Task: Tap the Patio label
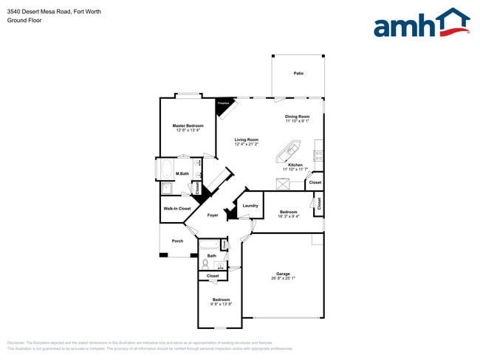click(298, 73)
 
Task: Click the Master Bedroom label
click(188, 126)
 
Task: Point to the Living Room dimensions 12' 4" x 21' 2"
click(247, 145)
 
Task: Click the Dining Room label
click(297, 117)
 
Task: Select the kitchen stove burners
click(318, 156)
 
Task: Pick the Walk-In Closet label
click(176, 209)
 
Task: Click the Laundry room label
click(250, 206)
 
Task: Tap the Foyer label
click(213, 215)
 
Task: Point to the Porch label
click(177, 240)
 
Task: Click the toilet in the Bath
click(205, 263)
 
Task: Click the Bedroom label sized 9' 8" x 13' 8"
click(221, 300)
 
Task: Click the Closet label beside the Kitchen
click(315, 182)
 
